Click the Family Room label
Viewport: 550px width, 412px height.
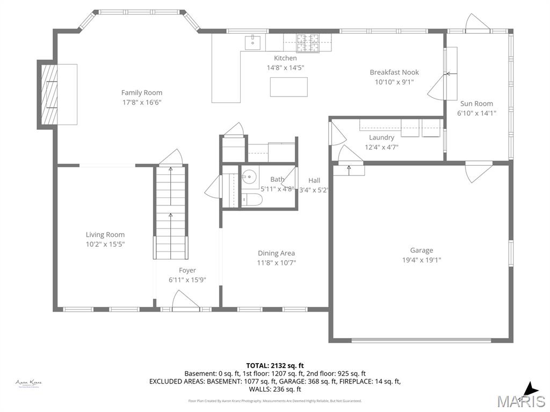click(x=141, y=93)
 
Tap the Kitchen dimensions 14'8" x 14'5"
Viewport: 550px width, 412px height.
click(x=285, y=68)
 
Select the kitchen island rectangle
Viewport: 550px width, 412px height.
click(x=288, y=87)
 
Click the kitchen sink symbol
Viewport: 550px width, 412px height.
click(x=252, y=42)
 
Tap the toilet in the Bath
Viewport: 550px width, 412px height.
click(x=251, y=200)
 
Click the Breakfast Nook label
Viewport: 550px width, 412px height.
click(x=394, y=72)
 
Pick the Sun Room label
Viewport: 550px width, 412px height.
click(x=476, y=104)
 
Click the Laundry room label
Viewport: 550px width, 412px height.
click(x=381, y=137)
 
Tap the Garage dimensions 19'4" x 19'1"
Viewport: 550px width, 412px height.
click(x=422, y=260)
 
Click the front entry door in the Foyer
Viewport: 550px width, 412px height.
click(x=185, y=301)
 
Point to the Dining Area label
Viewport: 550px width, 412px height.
click(x=276, y=253)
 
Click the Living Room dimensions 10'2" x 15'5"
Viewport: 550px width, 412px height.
click(x=105, y=244)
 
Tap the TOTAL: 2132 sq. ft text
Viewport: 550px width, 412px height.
click(x=274, y=365)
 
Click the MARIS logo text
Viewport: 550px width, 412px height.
click(x=520, y=401)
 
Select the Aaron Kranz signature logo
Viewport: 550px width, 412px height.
click(x=28, y=383)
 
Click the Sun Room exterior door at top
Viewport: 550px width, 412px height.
click(x=477, y=23)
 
